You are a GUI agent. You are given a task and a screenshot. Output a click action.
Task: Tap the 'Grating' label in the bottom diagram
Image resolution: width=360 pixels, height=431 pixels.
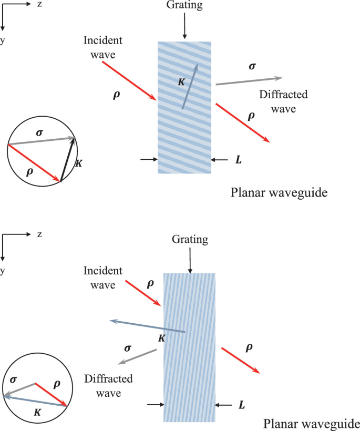[x=190, y=240]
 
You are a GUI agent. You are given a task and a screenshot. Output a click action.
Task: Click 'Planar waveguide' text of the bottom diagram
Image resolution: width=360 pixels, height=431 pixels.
[x=312, y=424]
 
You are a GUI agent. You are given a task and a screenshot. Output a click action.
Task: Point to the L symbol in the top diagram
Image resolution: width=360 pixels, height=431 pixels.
[x=239, y=159]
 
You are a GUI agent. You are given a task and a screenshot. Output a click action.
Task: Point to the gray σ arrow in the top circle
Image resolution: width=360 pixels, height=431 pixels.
[x=41, y=141]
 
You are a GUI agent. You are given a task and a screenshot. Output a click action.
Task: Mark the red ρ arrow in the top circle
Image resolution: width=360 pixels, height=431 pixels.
[x=34, y=163]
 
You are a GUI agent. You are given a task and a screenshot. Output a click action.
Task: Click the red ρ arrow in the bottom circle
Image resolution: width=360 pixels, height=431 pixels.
[x=51, y=394]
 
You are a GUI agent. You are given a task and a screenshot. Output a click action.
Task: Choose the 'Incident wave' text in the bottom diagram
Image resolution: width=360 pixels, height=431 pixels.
[x=102, y=277]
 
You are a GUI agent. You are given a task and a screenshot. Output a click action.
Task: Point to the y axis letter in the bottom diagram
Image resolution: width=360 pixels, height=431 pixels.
[x=4, y=271]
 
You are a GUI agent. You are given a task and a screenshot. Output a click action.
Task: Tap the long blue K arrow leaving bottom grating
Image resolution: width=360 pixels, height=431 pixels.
[x=147, y=326]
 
